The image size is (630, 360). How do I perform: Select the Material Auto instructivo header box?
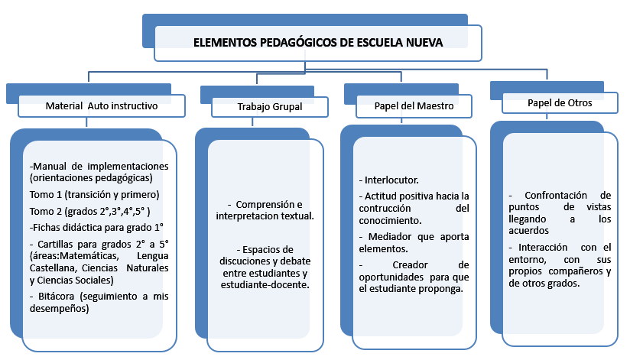click(x=102, y=105)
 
